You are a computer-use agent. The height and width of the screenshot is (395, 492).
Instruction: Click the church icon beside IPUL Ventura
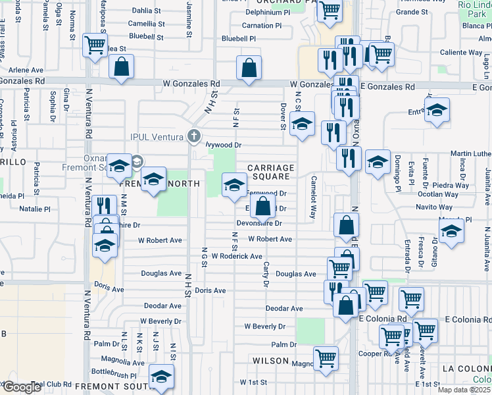tap(193, 136)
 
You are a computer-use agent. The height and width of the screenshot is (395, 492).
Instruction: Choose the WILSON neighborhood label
tap(270, 361)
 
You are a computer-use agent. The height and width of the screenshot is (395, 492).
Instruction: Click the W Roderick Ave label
tap(237, 256)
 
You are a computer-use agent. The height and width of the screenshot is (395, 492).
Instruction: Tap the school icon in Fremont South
tap(160, 377)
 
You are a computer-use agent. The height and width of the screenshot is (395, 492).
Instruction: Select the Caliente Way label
tap(460, 52)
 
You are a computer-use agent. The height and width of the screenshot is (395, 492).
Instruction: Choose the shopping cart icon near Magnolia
tap(326, 358)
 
